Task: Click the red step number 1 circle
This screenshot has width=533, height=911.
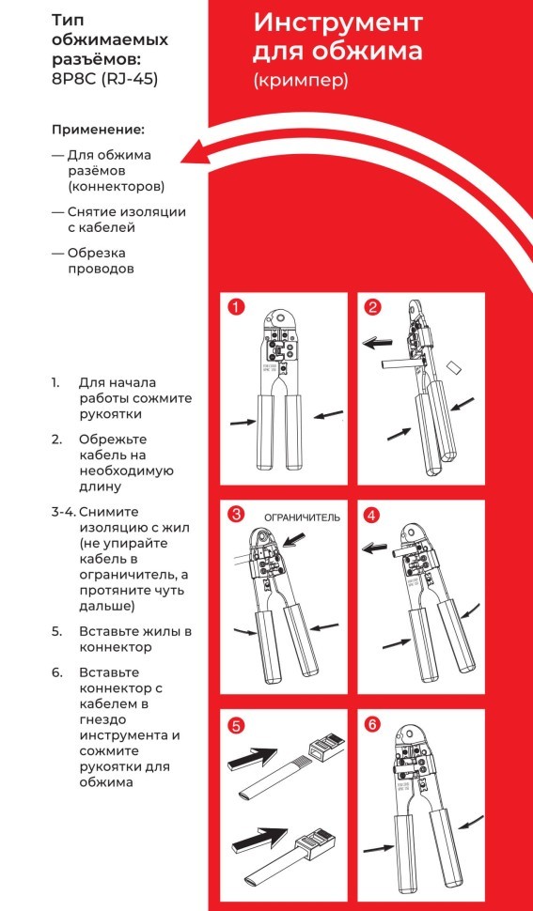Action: pos(235,307)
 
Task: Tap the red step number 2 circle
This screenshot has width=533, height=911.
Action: pos(373,307)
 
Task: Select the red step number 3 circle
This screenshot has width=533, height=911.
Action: pos(236,514)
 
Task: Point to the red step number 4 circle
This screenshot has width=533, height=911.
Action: pos(373,515)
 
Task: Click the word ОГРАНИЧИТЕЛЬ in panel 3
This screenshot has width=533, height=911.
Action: pos(301,517)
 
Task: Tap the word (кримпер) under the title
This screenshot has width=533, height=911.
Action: pos(301,81)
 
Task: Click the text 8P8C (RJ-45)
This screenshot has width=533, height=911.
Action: pos(104,80)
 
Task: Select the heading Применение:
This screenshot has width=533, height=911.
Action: pos(98,129)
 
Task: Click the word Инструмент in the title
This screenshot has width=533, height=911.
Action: pos(337,23)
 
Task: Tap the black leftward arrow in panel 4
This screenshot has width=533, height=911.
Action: pos(378,546)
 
